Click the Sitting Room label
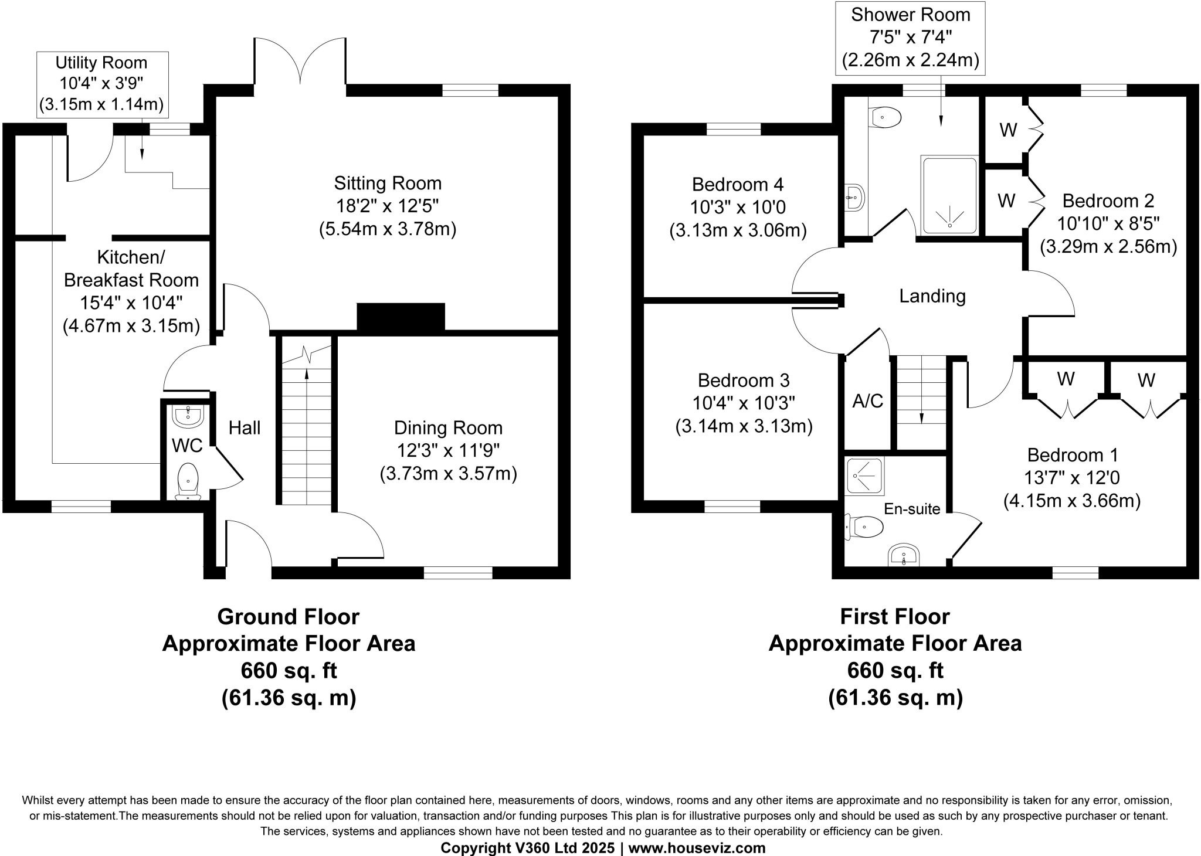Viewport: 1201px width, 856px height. click(x=388, y=184)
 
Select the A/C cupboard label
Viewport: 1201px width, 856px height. click(x=867, y=401)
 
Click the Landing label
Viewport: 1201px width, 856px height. click(x=932, y=296)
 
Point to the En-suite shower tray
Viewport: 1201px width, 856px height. click(x=864, y=476)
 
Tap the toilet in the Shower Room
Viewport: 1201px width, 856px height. click(x=886, y=117)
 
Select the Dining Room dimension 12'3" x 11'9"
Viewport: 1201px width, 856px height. click(x=448, y=451)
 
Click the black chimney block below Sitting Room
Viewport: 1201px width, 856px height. click(x=401, y=317)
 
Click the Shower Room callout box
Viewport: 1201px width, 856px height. click(x=910, y=38)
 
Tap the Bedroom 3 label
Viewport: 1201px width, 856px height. click(x=744, y=381)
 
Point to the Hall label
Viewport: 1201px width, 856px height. click(x=245, y=428)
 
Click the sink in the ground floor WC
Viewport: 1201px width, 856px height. click(x=188, y=417)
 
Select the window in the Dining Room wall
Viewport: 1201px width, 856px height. click(x=458, y=573)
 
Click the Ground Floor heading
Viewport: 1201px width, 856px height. click(x=288, y=617)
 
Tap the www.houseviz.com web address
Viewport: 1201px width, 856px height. click(x=697, y=848)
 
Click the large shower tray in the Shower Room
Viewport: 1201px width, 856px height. click(x=949, y=196)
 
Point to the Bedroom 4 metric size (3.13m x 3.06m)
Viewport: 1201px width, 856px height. click(x=738, y=230)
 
